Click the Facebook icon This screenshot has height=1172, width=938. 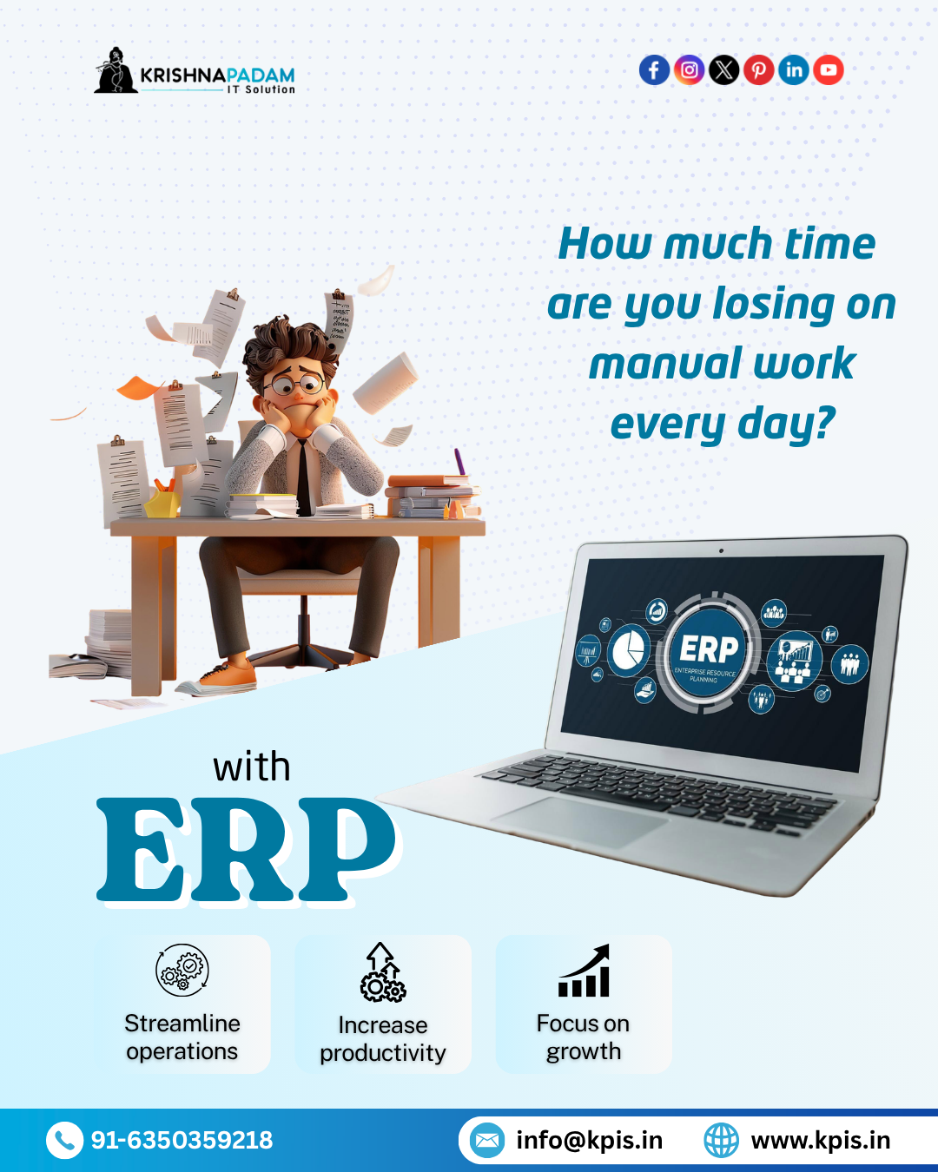(x=654, y=69)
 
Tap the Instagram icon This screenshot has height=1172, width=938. (x=689, y=69)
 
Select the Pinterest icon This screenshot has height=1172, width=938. (x=758, y=69)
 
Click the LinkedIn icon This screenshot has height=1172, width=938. (x=793, y=69)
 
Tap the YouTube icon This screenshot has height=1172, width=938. (x=829, y=69)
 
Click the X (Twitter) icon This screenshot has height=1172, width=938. (x=723, y=69)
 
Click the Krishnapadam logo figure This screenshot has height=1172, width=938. (x=115, y=71)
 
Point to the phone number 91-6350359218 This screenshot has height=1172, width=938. (x=182, y=1140)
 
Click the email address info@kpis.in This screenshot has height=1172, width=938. (x=589, y=1140)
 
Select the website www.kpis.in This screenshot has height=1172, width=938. (x=820, y=1140)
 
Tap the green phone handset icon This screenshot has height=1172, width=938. (x=64, y=1140)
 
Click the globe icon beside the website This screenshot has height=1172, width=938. (x=721, y=1140)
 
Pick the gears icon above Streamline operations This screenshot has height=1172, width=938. (x=182, y=970)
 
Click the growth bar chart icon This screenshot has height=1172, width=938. (x=584, y=971)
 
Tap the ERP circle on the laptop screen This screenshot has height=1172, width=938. (x=709, y=652)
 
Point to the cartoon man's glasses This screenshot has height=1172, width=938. (x=294, y=382)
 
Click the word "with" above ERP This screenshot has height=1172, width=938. (x=252, y=767)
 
